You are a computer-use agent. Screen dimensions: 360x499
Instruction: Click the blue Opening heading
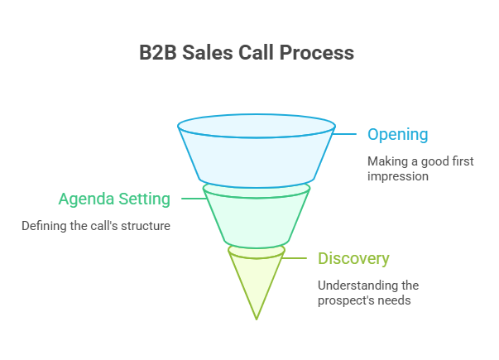[x=397, y=134]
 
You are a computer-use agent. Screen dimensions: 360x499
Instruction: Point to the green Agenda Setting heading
[x=114, y=199]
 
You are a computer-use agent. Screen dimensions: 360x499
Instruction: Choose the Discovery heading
[x=353, y=258]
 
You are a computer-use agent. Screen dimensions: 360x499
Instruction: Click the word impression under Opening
[x=397, y=176]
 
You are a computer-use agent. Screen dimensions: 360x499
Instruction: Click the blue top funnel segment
[x=257, y=153]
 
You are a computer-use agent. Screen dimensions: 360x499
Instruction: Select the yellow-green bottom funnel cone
[x=257, y=277]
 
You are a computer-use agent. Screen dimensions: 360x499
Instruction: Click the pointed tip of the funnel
[x=257, y=317]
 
